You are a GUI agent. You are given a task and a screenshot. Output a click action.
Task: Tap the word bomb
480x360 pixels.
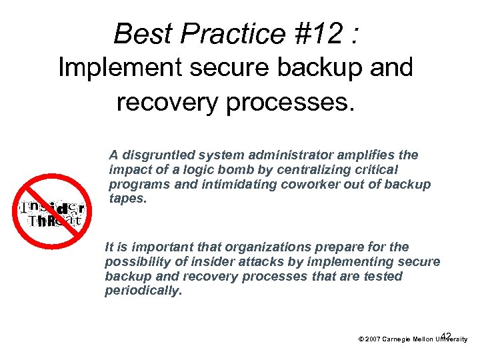click(x=219, y=170)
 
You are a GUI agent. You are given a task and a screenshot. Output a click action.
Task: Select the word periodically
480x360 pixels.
click(x=143, y=291)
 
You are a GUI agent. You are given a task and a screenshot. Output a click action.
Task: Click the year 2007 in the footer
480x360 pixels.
click(x=371, y=339)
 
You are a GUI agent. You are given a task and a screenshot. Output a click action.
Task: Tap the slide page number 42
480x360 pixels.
click(x=446, y=335)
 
